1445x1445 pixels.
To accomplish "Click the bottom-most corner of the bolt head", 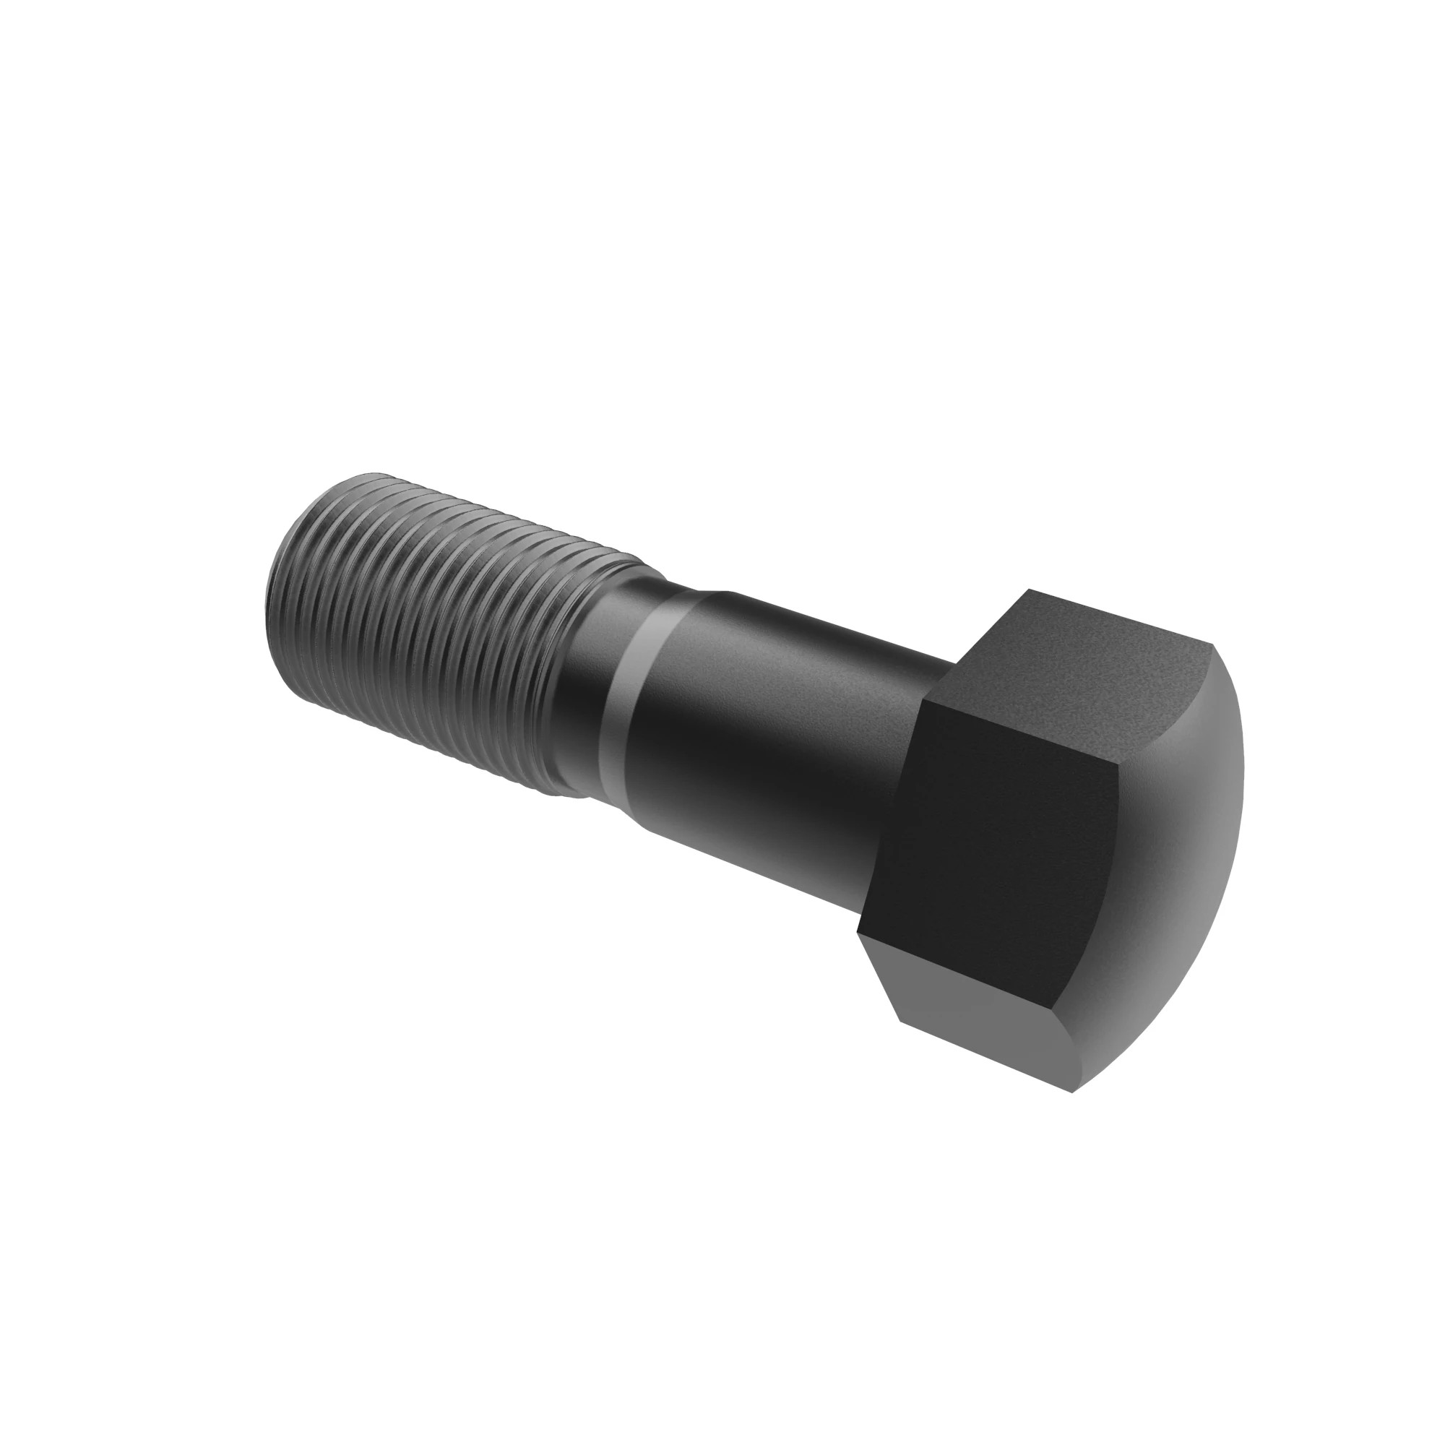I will coord(1071,1092).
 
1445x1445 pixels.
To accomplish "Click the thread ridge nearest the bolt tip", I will coord(299,569).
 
